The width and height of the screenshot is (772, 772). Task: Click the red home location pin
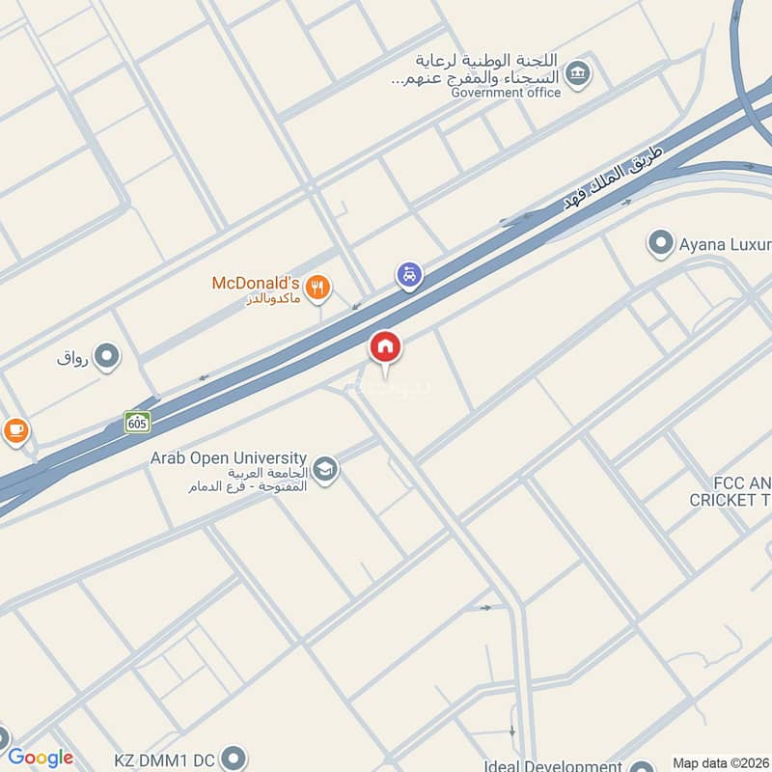[385, 347]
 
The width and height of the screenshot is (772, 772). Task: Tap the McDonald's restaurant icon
[317, 286]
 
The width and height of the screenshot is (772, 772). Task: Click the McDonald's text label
[256, 284]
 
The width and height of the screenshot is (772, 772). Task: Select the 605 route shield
[137, 422]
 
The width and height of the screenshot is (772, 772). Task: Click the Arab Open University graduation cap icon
[326, 470]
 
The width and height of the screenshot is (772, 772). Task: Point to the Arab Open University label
[229, 457]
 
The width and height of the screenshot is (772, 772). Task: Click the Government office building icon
[578, 73]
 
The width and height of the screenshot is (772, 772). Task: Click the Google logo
[41, 758]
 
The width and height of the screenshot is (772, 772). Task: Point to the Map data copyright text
[719, 762]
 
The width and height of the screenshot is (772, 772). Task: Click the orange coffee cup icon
[15, 430]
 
